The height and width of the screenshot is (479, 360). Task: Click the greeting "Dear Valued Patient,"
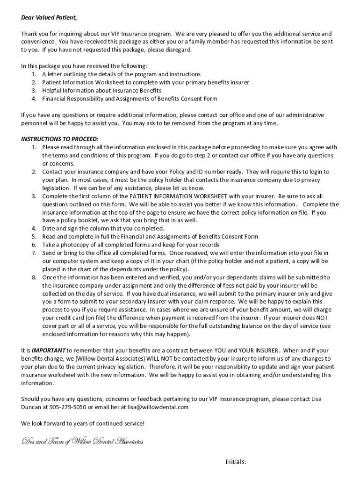point(49,18)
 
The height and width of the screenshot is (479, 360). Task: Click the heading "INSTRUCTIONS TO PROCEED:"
point(60,139)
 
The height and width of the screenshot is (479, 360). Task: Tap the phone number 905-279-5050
point(63,407)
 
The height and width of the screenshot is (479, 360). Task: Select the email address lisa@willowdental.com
point(155,407)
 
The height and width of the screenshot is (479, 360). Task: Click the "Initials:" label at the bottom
point(236,462)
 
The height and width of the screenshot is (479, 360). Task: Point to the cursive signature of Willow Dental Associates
point(82,442)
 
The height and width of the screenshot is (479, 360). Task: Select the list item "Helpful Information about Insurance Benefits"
point(101,90)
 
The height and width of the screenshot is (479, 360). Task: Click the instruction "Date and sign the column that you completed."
point(103,228)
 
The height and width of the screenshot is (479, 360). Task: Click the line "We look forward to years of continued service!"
point(83,423)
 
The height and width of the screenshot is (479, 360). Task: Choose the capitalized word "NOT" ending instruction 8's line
point(321,318)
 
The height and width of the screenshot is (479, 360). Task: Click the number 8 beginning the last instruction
point(34,277)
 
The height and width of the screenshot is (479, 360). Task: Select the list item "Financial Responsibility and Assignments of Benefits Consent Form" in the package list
point(130,99)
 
